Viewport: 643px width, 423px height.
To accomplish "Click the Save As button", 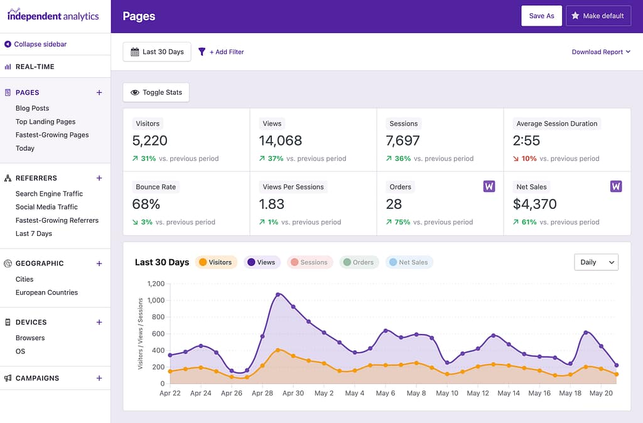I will [541, 16].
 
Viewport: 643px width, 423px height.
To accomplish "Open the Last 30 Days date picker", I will [157, 52].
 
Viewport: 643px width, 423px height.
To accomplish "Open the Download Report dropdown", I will [601, 52].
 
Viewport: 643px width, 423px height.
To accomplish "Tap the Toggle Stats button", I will [156, 92].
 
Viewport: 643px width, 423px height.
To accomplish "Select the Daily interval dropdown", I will [596, 262].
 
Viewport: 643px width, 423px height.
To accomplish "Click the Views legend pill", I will [262, 262].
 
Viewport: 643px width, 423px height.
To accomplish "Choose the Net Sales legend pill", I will [408, 262].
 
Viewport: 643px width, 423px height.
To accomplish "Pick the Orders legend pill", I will [359, 262].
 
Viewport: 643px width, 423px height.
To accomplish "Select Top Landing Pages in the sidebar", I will [45, 122].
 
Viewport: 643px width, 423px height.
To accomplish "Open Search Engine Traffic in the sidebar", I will [49, 194].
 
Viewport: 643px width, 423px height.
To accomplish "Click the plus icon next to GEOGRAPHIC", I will [99, 264].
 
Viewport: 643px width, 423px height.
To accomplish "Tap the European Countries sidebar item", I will [46, 292].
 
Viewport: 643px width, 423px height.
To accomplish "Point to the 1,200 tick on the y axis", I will [155, 284].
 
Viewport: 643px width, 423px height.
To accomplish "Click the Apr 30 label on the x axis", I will [293, 394].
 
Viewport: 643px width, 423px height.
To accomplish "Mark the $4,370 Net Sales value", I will [534, 204].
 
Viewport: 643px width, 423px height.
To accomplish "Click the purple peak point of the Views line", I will [278, 294].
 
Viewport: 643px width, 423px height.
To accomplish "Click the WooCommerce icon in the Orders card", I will [489, 186].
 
